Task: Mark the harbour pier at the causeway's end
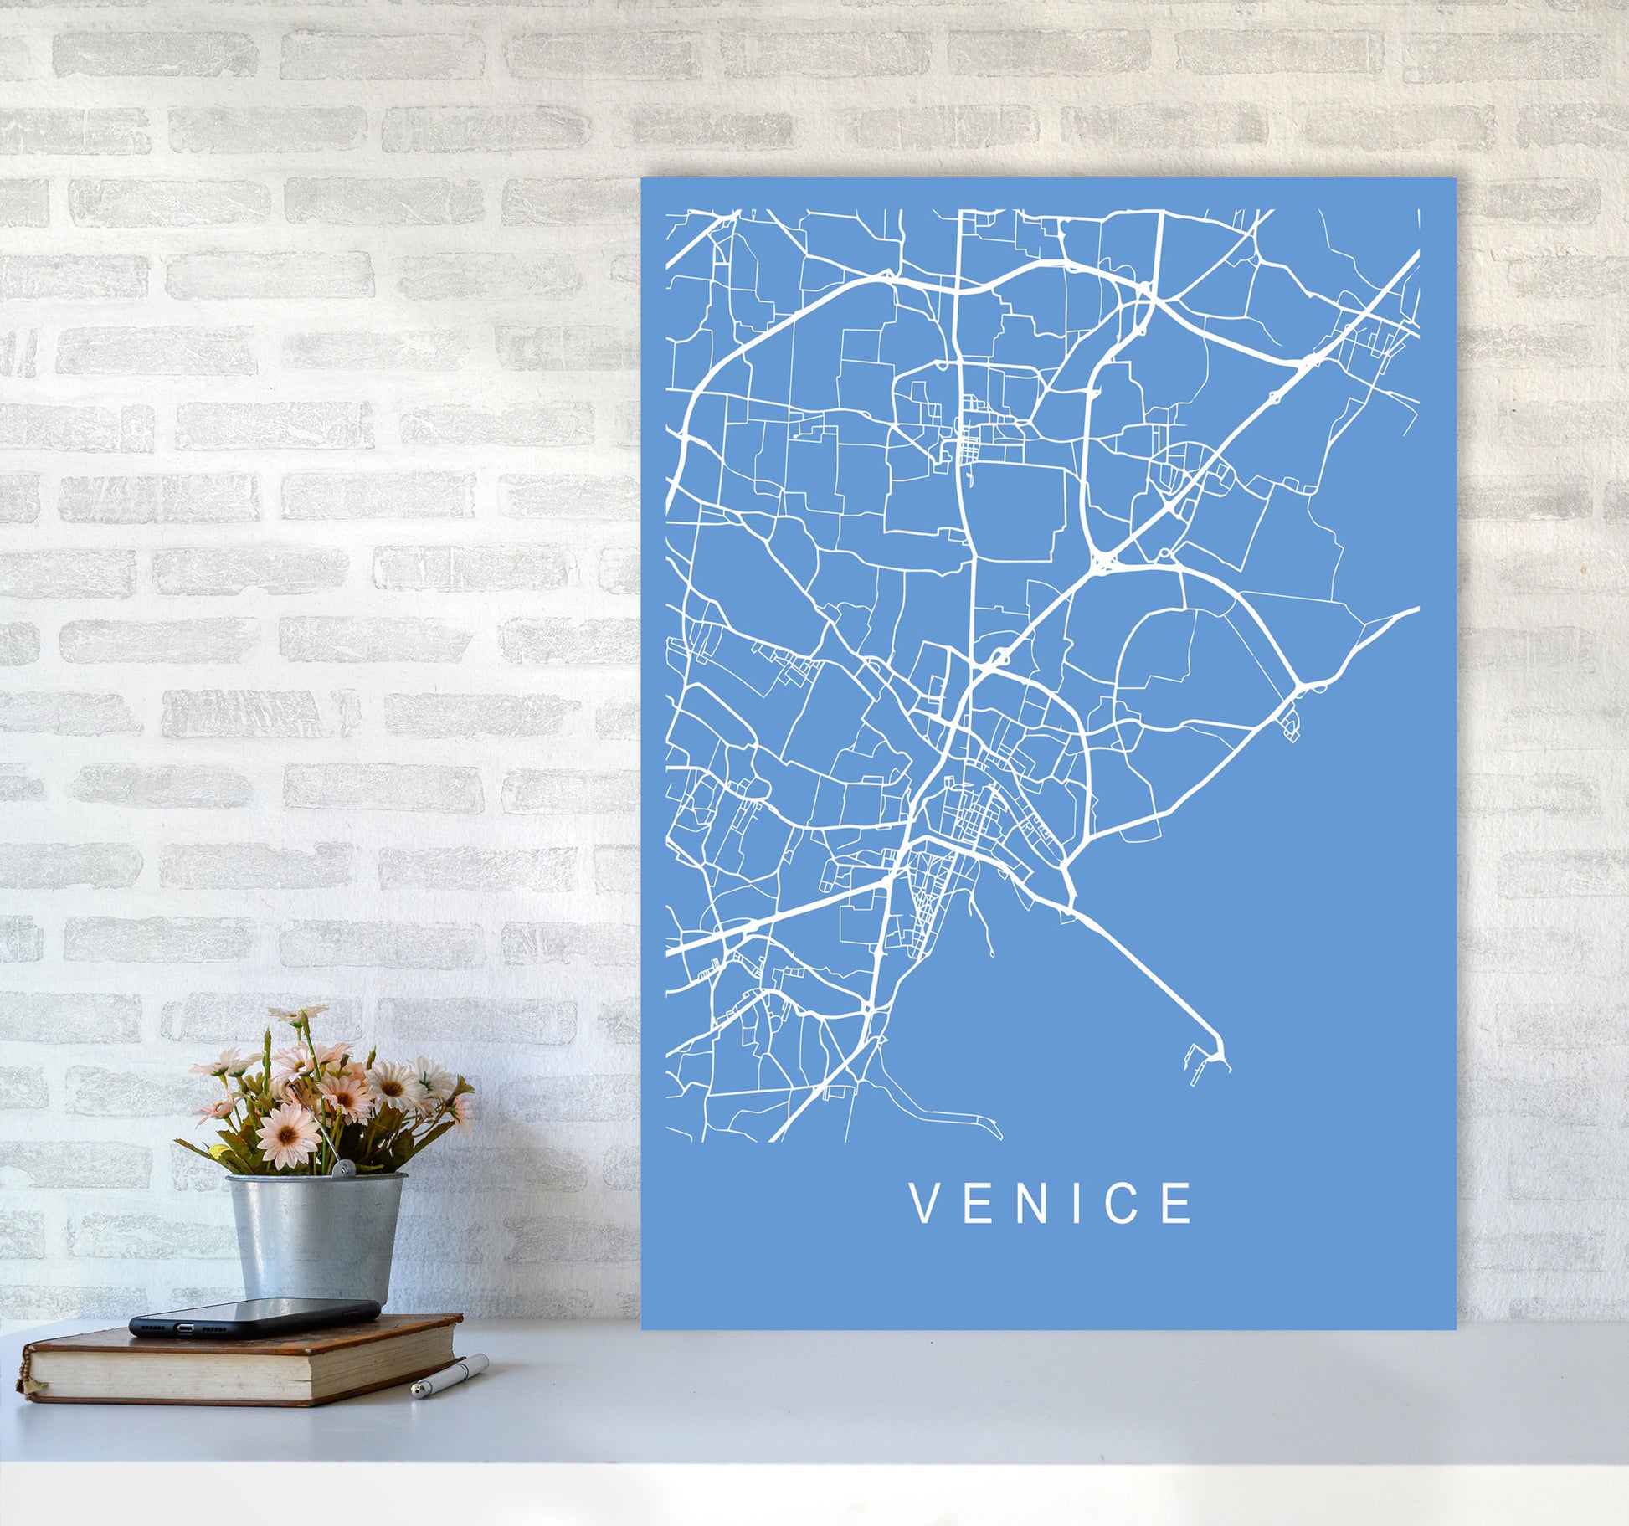tap(1210, 1063)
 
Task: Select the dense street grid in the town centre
tap(963, 812)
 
